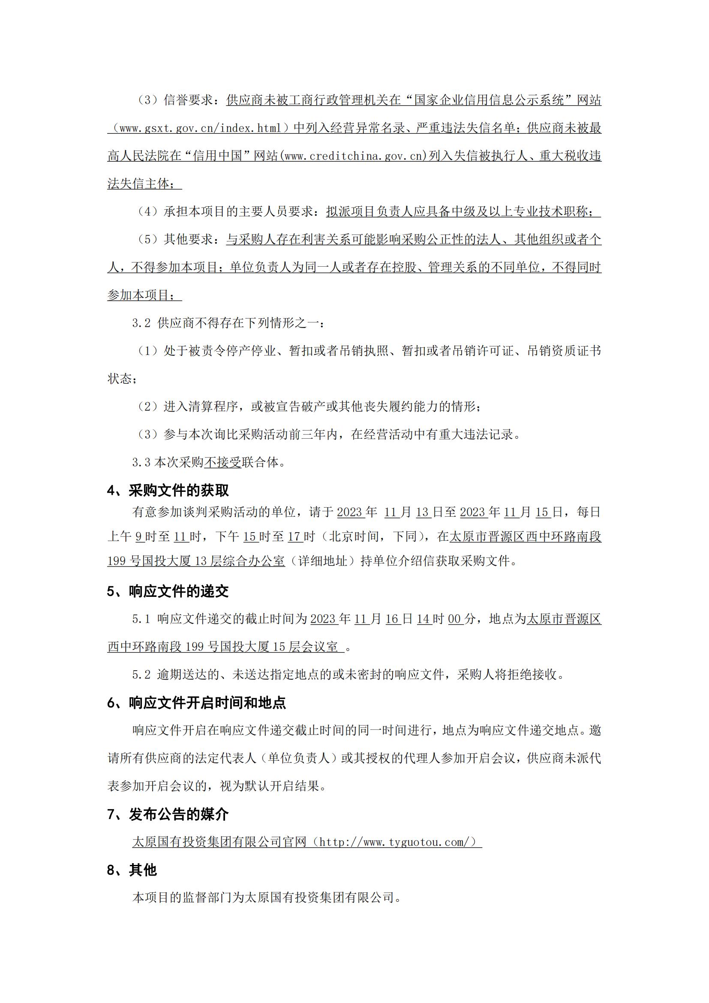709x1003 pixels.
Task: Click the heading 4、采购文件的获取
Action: pos(168,491)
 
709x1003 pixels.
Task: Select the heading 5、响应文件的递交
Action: pos(168,591)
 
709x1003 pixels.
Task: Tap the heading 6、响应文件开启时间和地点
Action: pos(196,703)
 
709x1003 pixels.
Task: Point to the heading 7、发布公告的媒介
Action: pos(168,814)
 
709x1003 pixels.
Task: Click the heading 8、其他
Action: pos(132,870)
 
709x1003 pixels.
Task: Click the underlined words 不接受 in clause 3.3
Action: pos(222,462)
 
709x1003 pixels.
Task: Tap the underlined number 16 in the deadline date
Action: pos(393,619)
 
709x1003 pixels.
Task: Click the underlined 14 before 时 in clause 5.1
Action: pos(424,619)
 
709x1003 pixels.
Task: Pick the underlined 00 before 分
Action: pos(454,619)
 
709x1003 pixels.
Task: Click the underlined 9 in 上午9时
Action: pos(139,536)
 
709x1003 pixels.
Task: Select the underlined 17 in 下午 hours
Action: pos(295,536)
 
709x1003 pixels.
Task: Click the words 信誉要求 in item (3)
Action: pos(188,100)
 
